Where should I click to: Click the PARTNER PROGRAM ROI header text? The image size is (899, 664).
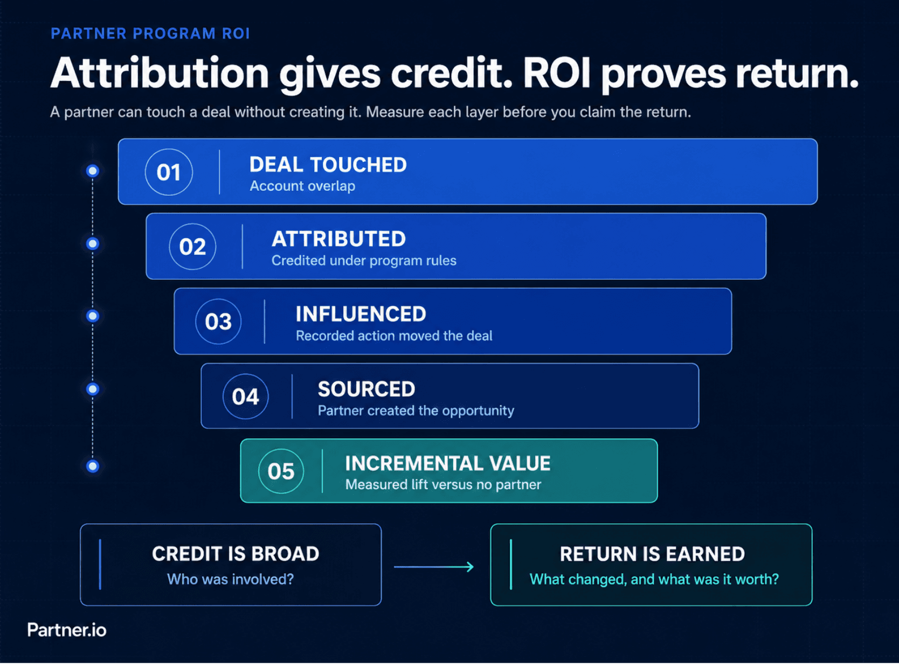point(150,33)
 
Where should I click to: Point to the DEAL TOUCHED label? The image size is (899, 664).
point(328,164)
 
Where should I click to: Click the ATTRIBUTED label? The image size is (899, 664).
point(338,239)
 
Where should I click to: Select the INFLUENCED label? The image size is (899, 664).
point(361,314)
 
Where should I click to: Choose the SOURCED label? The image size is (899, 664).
point(366,389)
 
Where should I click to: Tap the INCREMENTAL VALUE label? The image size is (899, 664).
point(447,464)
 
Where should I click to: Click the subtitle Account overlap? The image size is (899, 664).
point(302,186)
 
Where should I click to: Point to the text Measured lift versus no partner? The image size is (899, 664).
point(443,485)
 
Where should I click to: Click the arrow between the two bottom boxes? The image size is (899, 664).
point(434,566)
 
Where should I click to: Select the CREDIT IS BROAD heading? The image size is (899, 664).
point(236,554)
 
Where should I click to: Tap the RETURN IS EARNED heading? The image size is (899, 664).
point(652,554)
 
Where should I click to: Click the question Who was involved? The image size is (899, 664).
point(230,579)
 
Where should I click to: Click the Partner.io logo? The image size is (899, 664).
point(67,630)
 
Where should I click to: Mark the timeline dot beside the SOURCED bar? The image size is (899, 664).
point(93,389)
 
